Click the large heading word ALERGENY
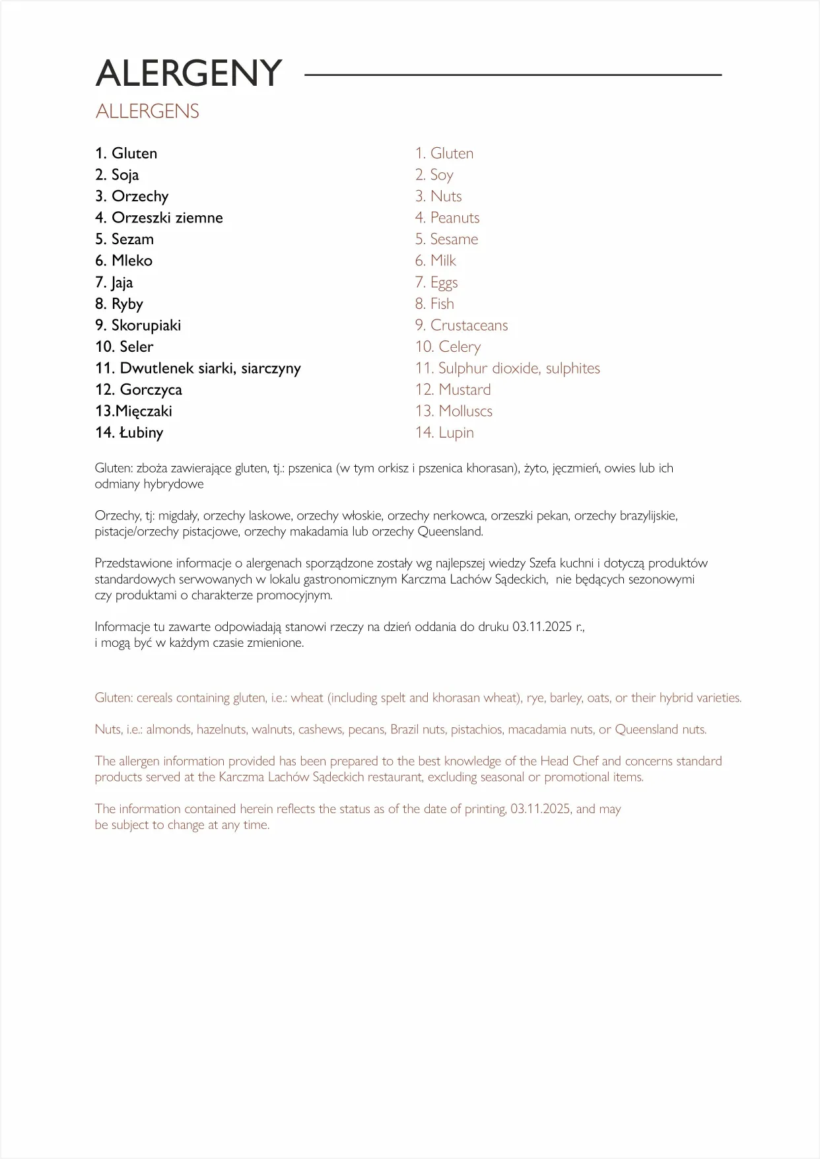pyautogui.click(x=189, y=73)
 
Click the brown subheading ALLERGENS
pyautogui.click(x=147, y=112)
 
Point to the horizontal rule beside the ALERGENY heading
pyautogui.click(x=512, y=75)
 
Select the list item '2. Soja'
pyautogui.click(x=117, y=175)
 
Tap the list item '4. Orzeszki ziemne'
pyautogui.click(x=159, y=218)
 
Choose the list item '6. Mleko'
pyautogui.click(x=123, y=261)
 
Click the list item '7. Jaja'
pyautogui.click(x=114, y=282)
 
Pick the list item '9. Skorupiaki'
pyautogui.click(x=138, y=325)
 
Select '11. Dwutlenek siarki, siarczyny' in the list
pyautogui.click(x=198, y=368)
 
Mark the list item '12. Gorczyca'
pyautogui.click(x=139, y=389)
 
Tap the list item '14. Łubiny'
pyautogui.click(x=129, y=433)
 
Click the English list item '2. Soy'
pyautogui.click(x=434, y=175)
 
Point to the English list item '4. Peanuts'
pyautogui.click(x=448, y=218)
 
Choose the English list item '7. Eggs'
pyautogui.click(x=436, y=282)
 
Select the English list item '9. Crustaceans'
pyautogui.click(x=461, y=325)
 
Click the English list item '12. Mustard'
pyautogui.click(x=453, y=389)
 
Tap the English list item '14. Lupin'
pyautogui.click(x=444, y=433)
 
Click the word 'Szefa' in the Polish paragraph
pyautogui.click(x=543, y=564)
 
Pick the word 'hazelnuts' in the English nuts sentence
pyautogui.click(x=221, y=730)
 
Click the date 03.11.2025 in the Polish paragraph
pyautogui.click(x=542, y=627)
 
